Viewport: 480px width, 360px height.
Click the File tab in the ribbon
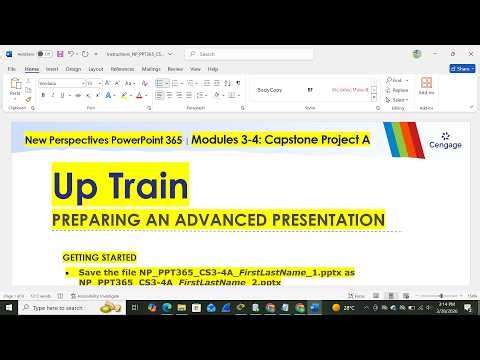[11, 69]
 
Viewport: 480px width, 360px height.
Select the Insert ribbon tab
[51, 69]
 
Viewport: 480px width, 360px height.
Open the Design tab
[73, 69]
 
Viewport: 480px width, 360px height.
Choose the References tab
[122, 69]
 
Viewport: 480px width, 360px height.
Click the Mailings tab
[151, 69]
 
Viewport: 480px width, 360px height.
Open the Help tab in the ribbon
[212, 69]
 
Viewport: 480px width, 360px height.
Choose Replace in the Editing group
[398, 90]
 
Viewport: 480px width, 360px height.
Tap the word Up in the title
[76, 188]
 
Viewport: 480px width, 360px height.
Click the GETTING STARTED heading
[99, 257]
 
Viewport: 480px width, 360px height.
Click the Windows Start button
[9, 308]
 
